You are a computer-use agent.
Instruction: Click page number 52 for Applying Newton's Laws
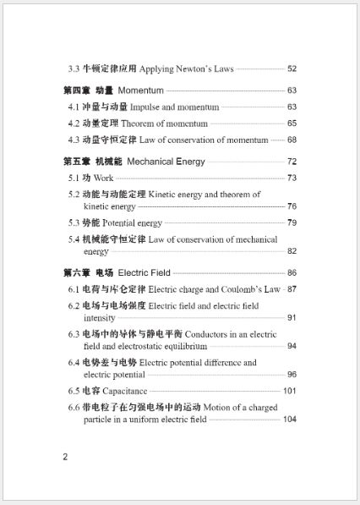pyautogui.click(x=292, y=69)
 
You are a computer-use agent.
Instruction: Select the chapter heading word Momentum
pyautogui.click(x=141, y=91)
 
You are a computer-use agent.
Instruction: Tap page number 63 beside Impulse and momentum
pyautogui.click(x=292, y=107)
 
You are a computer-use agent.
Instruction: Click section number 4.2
pyautogui.click(x=74, y=124)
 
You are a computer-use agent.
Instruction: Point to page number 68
pyautogui.click(x=292, y=140)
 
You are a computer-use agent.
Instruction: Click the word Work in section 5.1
pyautogui.click(x=104, y=178)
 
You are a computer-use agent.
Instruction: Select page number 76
pyautogui.click(x=292, y=206)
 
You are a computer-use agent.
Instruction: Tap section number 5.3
pyautogui.click(x=74, y=222)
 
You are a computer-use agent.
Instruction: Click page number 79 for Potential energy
pyautogui.click(x=292, y=222)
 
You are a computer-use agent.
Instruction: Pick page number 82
pyautogui.click(x=292, y=251)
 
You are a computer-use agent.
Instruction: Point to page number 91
pyautogui.click(x=292, y=317)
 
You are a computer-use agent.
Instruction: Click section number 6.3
pyautogui.click(x=74, y=334)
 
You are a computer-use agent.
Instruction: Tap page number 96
pyautogui.click(x=292, y=374)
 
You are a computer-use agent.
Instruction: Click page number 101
pyautogui.click(x=290, y=391)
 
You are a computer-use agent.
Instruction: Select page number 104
pyautogui.click(x=290, y=420)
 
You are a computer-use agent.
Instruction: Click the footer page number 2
pyautogui.click(x=65, y=458)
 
